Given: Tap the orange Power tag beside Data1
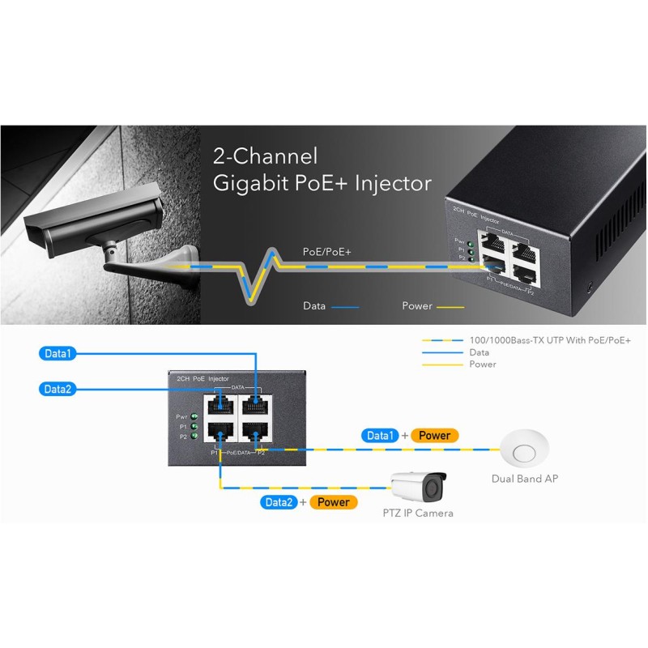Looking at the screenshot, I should tap(434, 436).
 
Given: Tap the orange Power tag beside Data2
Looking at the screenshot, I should tap(333, 502).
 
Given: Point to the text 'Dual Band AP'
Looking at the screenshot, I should tap(524, 479).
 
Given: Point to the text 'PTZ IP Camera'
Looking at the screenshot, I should tap(418, 514).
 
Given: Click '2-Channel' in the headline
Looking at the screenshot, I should tap(265, 156).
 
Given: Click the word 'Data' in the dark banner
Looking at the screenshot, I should tap(314, 306).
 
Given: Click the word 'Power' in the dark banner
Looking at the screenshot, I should tap(417, 306).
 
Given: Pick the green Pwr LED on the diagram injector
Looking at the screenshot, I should tap(194, 416).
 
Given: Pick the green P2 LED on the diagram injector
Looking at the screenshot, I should tap(194, 436).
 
